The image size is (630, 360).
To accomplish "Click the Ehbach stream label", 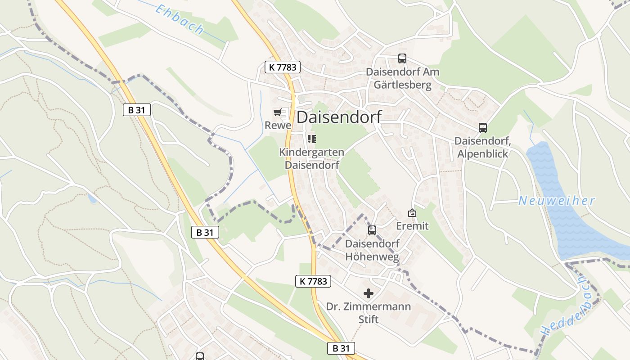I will pos(179,19).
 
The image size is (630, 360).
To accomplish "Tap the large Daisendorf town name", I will pos(339,117).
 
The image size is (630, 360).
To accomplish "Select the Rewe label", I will pos(278,125).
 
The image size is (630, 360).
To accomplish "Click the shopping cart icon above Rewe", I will pos(277,112).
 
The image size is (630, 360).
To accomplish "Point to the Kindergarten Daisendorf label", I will pos(311,158).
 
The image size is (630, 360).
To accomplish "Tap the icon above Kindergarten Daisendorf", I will pos(311,139).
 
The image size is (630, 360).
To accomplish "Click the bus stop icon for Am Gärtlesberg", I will pos(402,58).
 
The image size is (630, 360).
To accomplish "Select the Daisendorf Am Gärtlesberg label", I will pos(402,78).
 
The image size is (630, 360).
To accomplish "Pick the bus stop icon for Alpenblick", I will pos(483,128).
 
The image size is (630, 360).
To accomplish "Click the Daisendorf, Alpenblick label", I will pos(482,147).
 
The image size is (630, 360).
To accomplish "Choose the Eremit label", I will pos(412,226).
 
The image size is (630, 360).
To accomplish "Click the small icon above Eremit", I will pos(412,213).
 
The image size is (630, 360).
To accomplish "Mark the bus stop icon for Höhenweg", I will pos(372,230).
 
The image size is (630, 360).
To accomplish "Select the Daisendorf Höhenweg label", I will pos(372,251).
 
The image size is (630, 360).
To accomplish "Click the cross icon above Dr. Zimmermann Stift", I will pos(369,293).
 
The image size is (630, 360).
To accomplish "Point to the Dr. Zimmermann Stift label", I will pos(369,313).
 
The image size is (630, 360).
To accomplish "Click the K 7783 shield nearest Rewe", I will pos(282,67).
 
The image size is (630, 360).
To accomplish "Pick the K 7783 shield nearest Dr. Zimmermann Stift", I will pos(313,281).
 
